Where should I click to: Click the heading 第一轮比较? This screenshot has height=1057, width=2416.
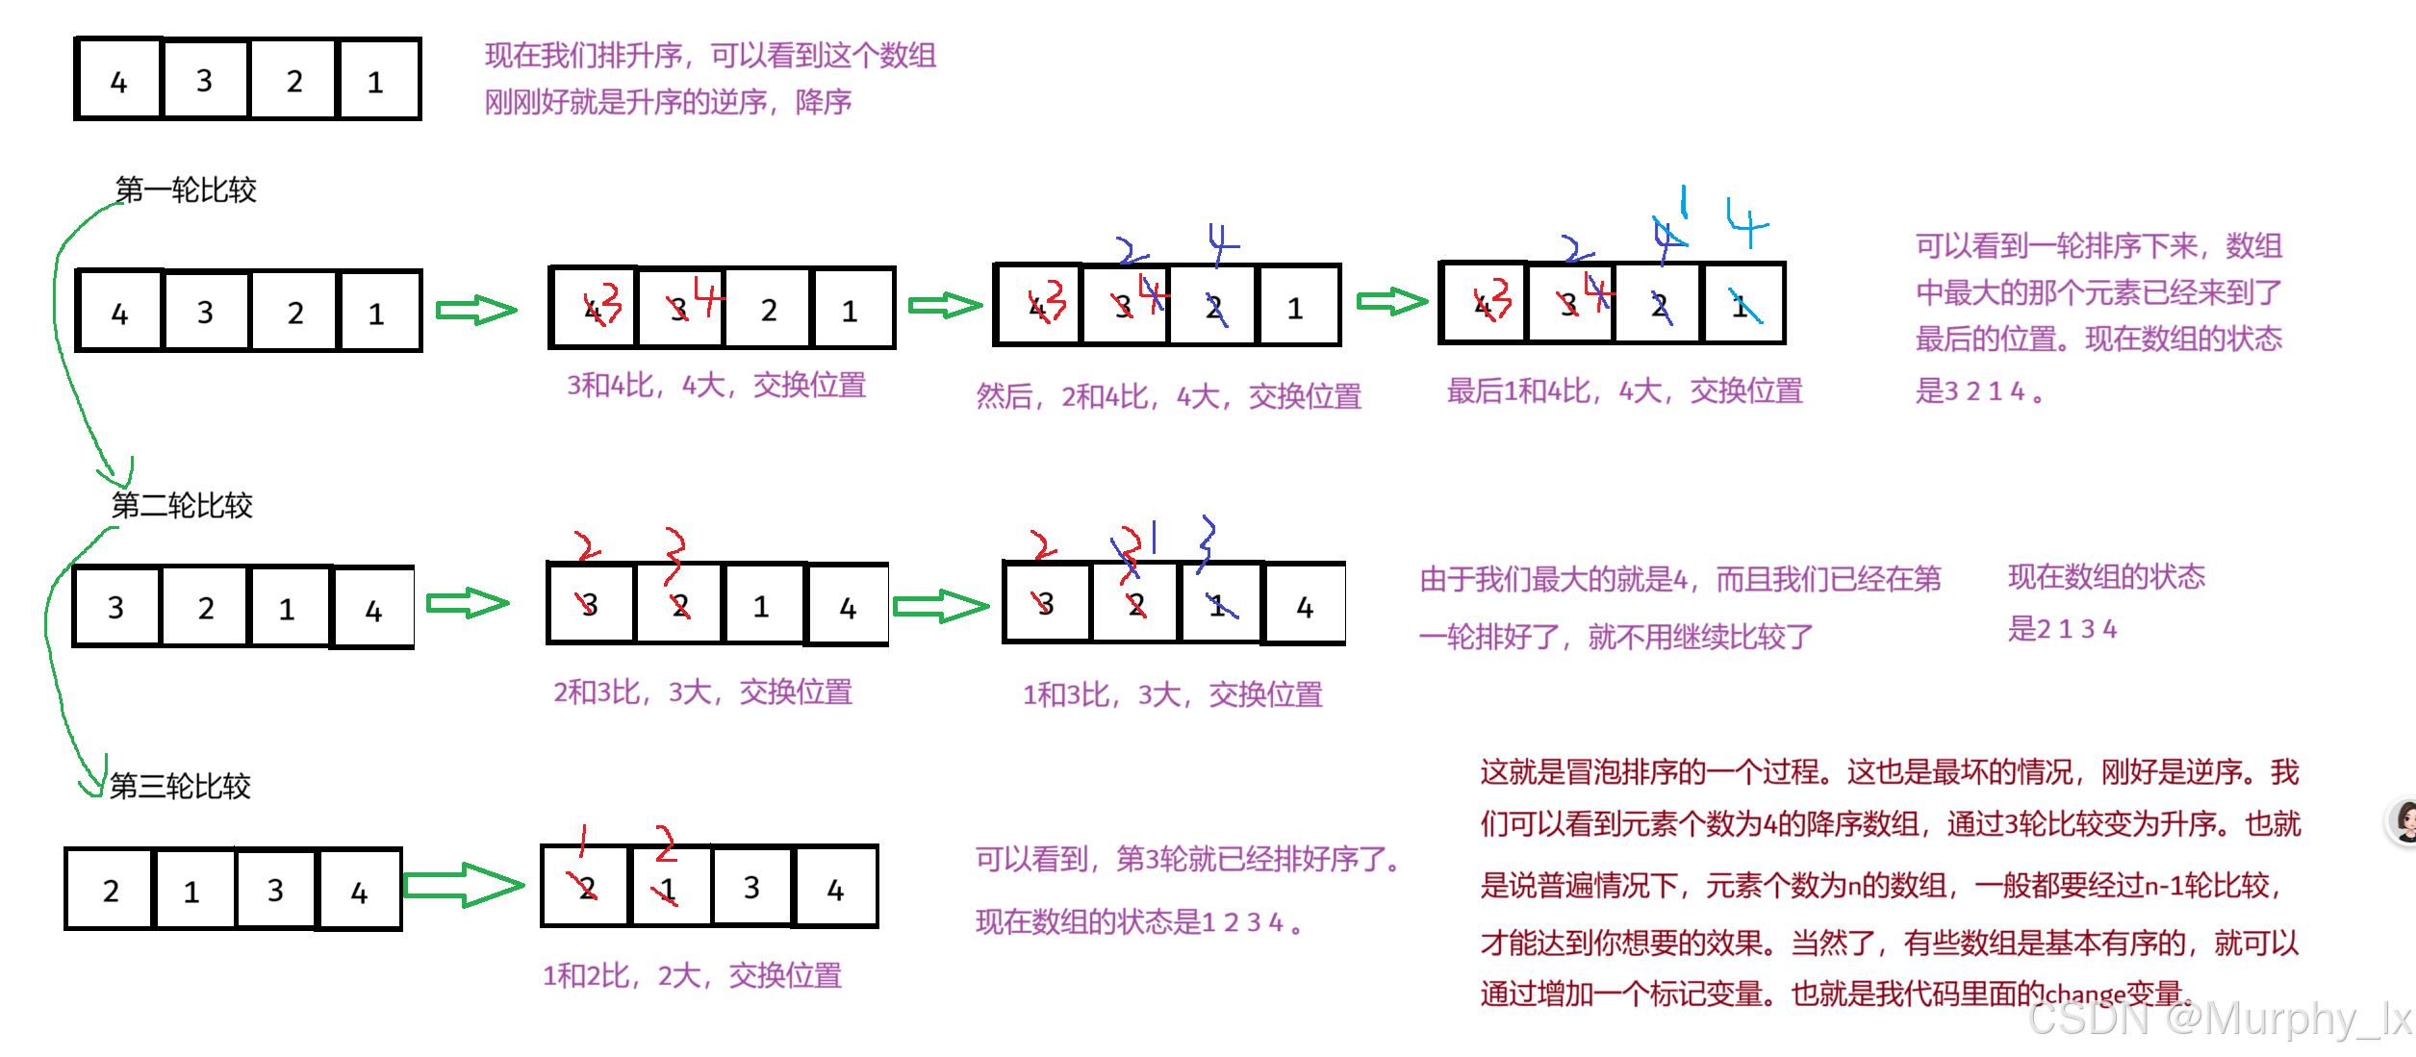point(186,189)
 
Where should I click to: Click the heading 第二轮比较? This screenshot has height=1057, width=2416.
point(182,505)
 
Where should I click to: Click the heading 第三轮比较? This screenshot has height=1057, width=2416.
point(180,786)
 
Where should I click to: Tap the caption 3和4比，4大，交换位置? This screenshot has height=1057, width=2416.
point(716,386)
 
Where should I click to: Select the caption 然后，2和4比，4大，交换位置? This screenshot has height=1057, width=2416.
point(1168,396)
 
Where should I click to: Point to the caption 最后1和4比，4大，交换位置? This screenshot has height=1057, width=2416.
point(1624,391)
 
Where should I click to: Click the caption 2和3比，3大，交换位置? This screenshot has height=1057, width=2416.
point(702,692)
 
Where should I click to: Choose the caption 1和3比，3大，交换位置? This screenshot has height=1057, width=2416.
point(1172,694)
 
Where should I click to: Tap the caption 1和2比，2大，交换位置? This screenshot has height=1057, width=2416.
point(692,975)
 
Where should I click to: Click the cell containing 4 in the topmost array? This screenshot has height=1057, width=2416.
point(119,81)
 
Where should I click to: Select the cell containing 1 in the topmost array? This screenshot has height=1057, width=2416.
point(376,81)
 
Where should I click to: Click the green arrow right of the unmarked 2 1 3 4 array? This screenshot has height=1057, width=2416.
point(464,885)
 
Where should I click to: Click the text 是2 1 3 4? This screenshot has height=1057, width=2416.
point(2062,629)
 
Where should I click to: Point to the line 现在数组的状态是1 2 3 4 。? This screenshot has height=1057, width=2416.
point(1139,922)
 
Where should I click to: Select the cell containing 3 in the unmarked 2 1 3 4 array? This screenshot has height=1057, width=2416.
point(275,890)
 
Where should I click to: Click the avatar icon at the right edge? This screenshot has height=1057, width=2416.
point(2404,822)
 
